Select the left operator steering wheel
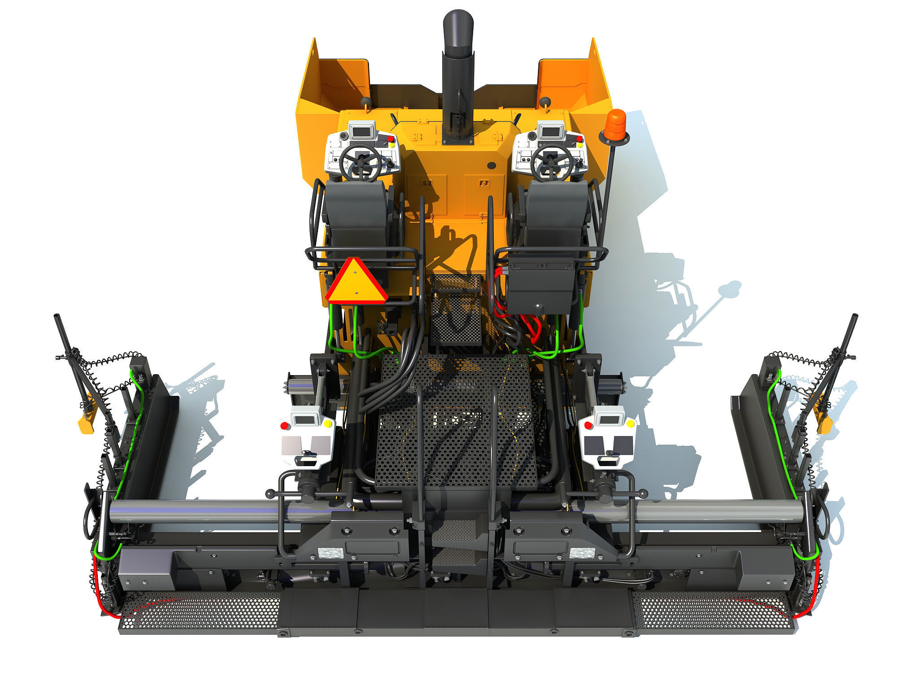click(360, 162)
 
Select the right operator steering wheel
click(552, 162)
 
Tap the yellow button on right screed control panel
click(631, 424)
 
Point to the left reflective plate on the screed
click(330, 553)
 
